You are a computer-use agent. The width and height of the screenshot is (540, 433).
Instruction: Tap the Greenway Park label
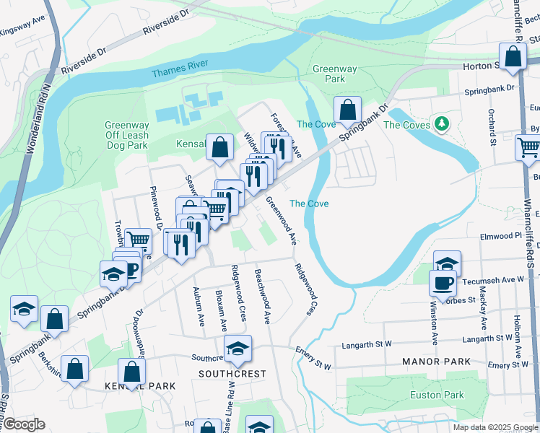[334, 74]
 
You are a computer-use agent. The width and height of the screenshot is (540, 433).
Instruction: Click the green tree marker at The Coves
[439, 123]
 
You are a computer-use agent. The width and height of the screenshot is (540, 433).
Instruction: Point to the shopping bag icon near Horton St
[513, 56]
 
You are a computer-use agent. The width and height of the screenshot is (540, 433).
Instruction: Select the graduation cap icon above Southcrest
[238, 349]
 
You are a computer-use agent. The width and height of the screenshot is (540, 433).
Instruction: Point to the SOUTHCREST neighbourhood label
[233, 374]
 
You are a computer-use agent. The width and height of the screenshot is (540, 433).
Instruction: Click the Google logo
[23, 424]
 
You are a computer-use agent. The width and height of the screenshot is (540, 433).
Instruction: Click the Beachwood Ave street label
[262, 296]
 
